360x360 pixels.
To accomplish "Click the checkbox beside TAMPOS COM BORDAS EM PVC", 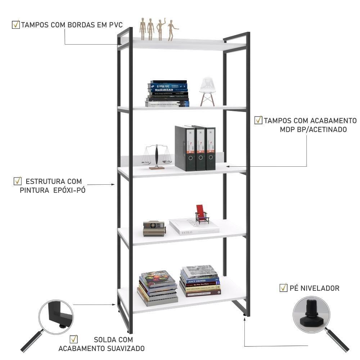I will click(16, 25).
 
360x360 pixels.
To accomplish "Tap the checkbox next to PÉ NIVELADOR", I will click(284, 288).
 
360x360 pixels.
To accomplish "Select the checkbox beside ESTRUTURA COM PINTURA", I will click(17, 181).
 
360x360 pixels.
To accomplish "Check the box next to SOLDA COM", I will click(74, 339).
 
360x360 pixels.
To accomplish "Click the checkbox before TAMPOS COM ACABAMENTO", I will click(258, 120).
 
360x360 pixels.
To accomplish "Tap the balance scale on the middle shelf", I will click(157, 157).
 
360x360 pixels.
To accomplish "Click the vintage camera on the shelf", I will click(154, 228).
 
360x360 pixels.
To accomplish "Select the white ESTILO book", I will click(194, 226).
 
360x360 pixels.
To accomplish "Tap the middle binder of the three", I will click(201, 148).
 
